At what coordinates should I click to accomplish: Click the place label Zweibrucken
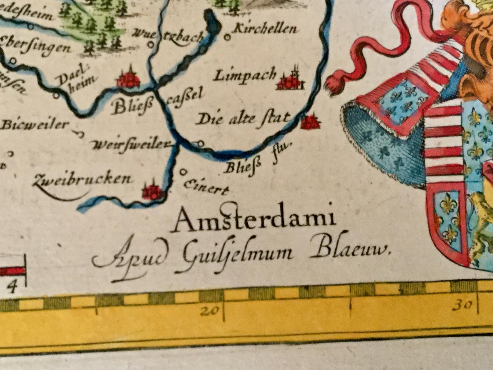click(x=83, y=180)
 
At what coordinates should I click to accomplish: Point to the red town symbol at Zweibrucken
click(x=152, y=191)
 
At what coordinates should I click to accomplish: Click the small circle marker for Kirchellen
click(x=227, y=37)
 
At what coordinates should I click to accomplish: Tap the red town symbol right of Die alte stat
click(x=310, y=122)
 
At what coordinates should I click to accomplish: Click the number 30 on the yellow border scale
click(x=463, y=305)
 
